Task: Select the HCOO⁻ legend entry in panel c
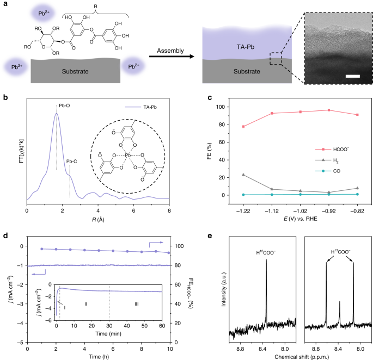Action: pos(329,148)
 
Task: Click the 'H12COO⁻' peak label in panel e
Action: pos(266,252)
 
